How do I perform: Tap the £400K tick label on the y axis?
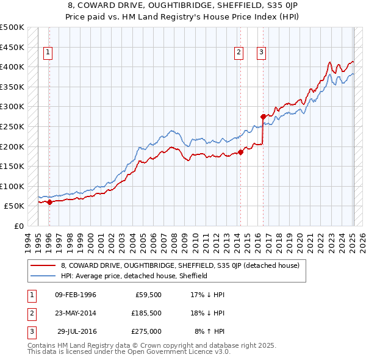[12, 67]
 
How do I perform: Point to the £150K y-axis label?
[12, 166]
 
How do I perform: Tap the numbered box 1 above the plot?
[48, 52]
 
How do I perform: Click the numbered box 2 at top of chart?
[239, 52]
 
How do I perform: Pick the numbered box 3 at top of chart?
[261, 52]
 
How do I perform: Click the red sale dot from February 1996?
[49, 203]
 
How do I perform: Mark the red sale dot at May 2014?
[240, 153]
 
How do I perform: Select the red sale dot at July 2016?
[263, 117]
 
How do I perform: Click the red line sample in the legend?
[43, 266]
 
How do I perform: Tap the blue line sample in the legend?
[43, 276]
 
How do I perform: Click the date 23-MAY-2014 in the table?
[76, 313]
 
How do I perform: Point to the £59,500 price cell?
[146, 295]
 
